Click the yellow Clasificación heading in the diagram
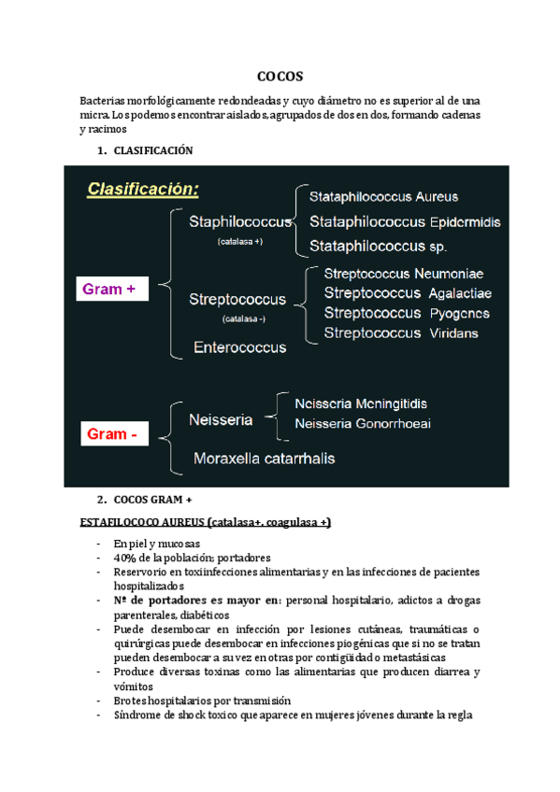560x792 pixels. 143,190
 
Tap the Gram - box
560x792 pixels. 112,434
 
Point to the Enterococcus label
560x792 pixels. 239,346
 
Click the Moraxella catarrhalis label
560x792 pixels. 265,459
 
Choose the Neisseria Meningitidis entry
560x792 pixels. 361,403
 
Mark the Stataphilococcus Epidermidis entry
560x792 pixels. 405,222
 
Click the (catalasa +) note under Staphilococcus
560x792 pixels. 239,242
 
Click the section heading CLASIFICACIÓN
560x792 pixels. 151,150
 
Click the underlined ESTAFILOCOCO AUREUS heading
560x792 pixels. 206,521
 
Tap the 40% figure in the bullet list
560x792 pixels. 124,559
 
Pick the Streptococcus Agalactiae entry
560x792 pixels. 407,293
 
